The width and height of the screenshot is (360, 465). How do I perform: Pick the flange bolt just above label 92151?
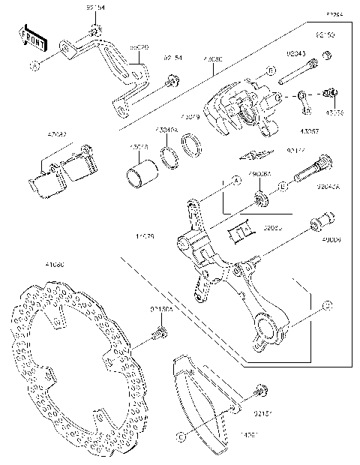[x=261, y=389]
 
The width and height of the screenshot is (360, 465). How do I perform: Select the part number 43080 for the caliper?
[x=212, y=58]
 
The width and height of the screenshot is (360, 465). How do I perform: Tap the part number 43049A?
[x=166, y=130]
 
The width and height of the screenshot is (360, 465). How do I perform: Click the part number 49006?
[x=331, y=241]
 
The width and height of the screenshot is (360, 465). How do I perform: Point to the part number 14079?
[x=145, y=237]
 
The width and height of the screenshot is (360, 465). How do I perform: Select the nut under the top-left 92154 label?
[x=95, y=31]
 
